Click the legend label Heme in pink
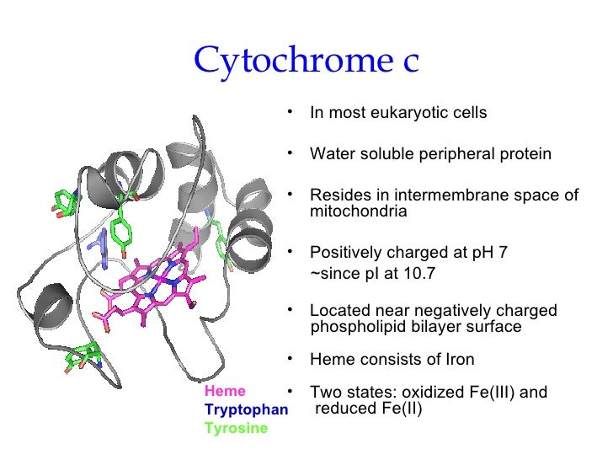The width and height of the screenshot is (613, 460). [225, 391]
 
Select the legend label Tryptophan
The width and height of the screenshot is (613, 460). [246, 409]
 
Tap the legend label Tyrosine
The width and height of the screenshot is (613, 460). [236, 428]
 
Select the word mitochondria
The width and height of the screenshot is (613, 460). [359, 212]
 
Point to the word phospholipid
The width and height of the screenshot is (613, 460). [354, 327]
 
